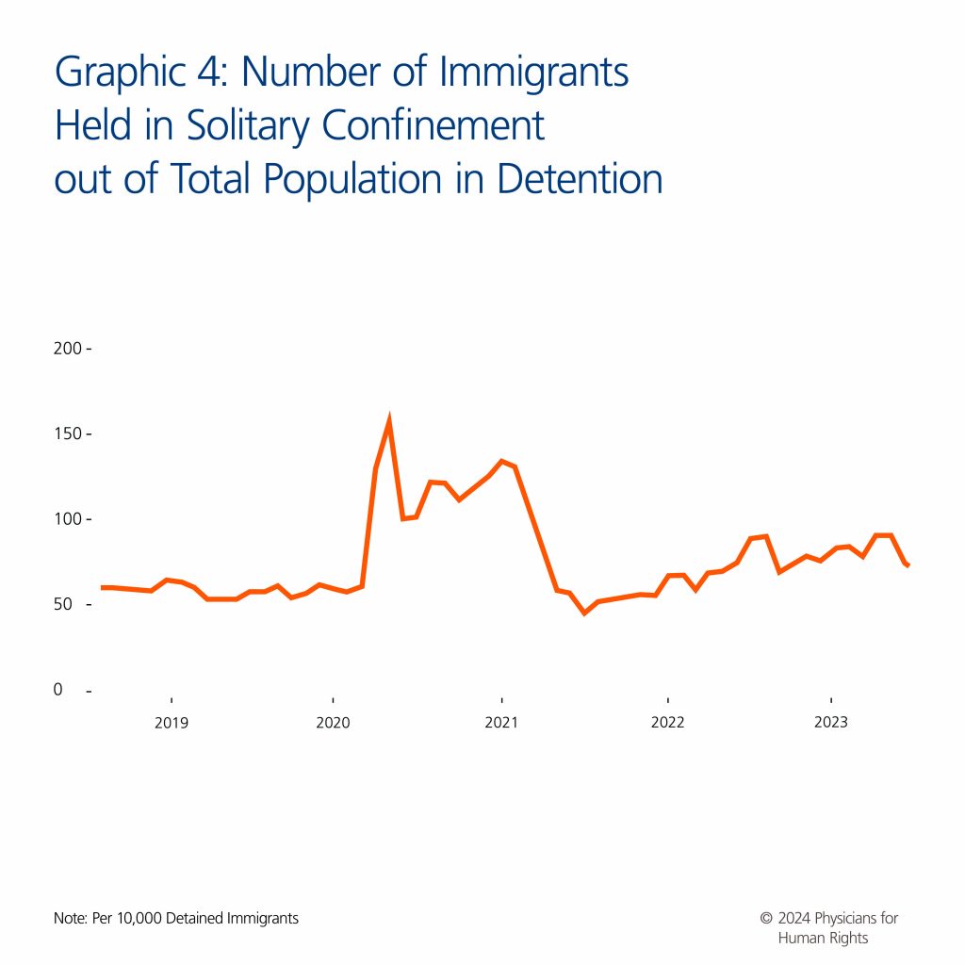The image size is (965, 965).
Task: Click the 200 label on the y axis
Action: [x=68, y=349]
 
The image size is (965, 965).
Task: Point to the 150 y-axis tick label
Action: [x=68, y=433]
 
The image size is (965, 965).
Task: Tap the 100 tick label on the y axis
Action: [x=68, y=519]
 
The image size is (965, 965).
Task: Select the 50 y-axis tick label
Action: [x=64, y=604]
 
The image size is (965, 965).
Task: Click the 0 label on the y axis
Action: [x=58, y=690]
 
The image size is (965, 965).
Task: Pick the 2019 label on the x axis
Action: [x=171, y=723]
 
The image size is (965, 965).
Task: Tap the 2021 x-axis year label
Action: [x=500, y=723]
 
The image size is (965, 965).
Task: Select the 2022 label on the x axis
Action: [x=667, y=723]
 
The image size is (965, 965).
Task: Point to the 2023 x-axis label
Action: [x=830, y=723]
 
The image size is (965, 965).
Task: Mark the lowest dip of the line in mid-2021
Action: [x=584, y=613]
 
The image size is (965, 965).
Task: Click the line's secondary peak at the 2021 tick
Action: [x=501, y=461]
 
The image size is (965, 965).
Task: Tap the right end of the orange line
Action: [x=908, y=565]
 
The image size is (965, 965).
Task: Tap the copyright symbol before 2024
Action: [x=766, y=918]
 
